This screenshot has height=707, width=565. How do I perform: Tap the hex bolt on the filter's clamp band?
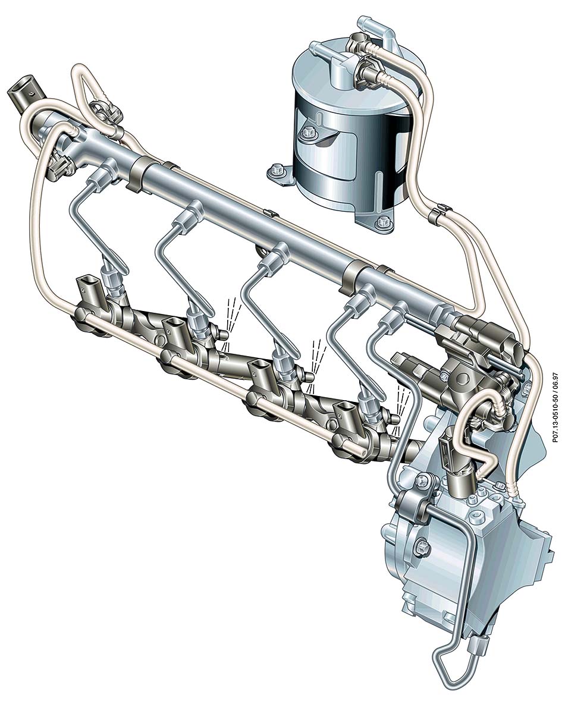point(309,133)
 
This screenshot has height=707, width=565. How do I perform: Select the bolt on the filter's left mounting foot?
point(275,171)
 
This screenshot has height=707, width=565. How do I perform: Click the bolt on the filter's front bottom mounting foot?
point(383,221)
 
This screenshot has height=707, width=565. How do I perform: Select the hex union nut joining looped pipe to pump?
point(478,648)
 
